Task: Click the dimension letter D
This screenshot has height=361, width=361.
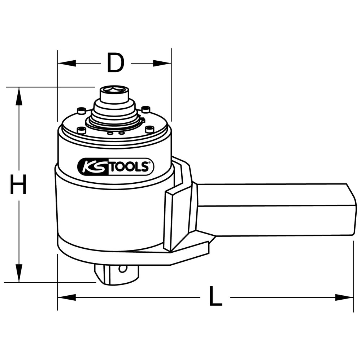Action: coord(116,62)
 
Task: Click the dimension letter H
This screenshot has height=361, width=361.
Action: coord(18,184)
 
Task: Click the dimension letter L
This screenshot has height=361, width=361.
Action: coord(215,296)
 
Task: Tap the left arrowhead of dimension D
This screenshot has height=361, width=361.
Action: coord(67,63)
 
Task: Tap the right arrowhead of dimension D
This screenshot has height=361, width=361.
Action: coord(162,63)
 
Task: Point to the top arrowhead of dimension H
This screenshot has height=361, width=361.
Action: coord(19,96)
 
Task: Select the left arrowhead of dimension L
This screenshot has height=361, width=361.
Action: coord(67,297)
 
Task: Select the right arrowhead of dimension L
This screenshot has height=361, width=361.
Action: coord(344,297)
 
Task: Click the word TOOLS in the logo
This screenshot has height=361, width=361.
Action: coord(128,167)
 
